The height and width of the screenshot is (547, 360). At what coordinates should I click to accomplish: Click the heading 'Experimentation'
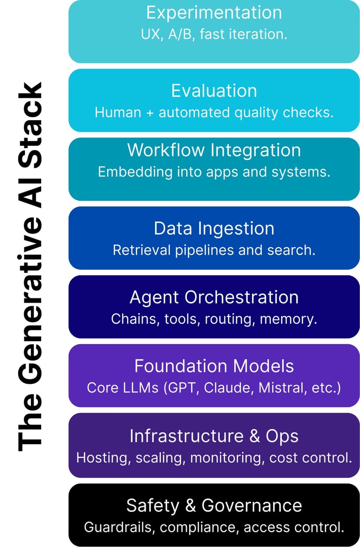(214, 13)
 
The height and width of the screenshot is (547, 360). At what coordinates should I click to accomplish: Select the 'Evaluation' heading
(214, 91)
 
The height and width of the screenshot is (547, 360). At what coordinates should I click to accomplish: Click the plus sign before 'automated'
(150, 113)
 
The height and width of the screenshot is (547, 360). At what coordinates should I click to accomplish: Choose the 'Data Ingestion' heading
(214, 228)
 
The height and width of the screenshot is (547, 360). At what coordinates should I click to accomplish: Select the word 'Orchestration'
(241, 297)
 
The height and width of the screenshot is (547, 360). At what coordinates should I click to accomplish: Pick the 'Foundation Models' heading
(214, 366)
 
